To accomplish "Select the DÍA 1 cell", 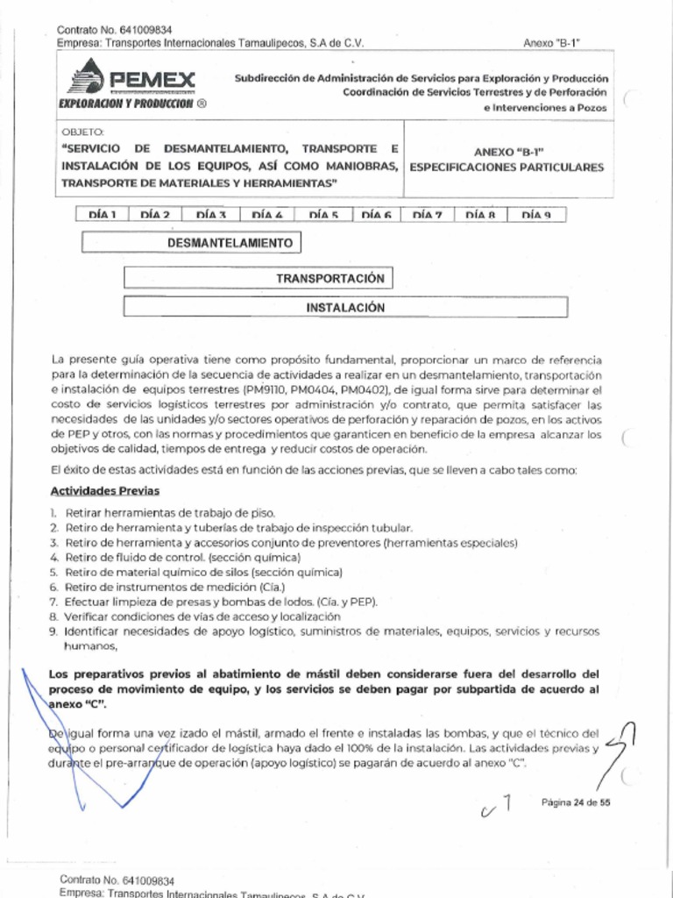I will coord(103,215).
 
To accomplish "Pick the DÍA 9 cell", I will coord(536,215).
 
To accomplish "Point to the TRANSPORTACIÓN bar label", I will coord(330,279).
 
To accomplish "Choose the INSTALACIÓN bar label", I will coord(345,308).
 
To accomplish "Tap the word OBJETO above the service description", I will coord(79,132).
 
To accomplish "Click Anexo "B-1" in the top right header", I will coord(554,43).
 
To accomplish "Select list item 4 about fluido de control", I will coord(182,557).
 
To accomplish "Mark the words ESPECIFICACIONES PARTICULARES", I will coord(507,167).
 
